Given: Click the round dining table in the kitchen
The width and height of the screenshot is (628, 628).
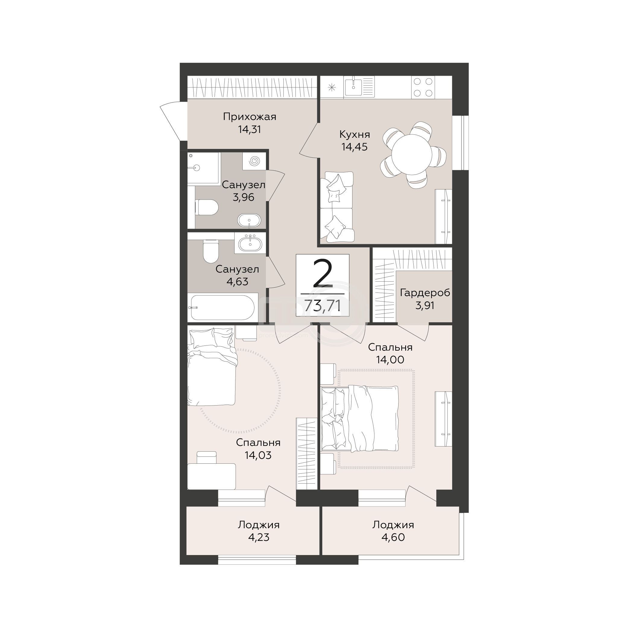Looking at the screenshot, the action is (412, 155).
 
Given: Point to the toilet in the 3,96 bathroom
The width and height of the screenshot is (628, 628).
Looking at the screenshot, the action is (206, 207).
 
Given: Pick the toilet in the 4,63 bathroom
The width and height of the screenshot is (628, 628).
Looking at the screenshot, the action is (210, 251).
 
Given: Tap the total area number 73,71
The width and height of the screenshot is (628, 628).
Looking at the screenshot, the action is (323, 305).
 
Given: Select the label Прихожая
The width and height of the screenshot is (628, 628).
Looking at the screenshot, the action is (250, 117).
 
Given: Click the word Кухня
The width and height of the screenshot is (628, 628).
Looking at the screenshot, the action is (355, 134).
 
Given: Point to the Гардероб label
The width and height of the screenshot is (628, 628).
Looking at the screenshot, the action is (425, 293).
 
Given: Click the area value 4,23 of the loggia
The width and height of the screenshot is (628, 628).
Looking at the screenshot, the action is (259, 537).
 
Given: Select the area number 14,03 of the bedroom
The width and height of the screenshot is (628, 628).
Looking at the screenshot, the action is (258, 455).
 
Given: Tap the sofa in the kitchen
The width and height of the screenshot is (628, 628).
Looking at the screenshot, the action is (337, 207).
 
